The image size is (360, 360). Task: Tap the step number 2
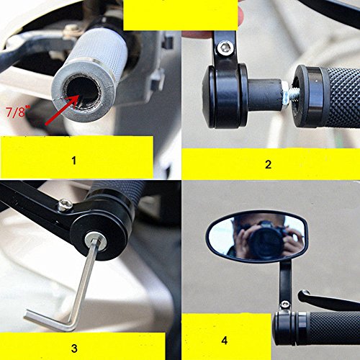pyautogui.click(x=268, y=164)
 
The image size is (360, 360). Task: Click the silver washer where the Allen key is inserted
pyautogui.click(x=97, y=240)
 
